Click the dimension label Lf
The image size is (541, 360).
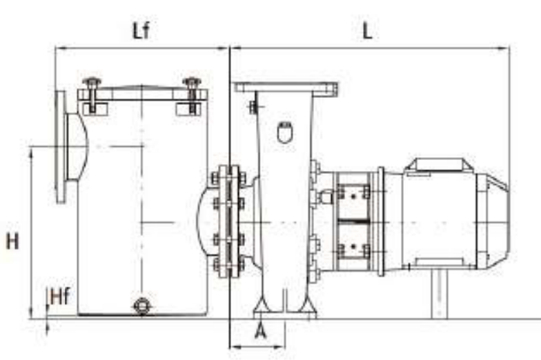click(140, 31)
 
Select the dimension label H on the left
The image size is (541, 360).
click(12, 241)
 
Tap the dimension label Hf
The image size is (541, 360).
click(60, 297)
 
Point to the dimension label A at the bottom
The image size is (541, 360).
click(260, 330)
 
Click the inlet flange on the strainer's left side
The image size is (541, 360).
click(61, 146)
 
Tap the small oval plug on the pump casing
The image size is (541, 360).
click(284, 131)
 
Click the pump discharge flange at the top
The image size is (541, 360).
click(286, 88)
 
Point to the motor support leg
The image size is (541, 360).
click(440, 293)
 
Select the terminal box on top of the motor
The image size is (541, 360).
click(434, 166)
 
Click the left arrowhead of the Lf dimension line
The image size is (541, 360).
click(58, 48)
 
